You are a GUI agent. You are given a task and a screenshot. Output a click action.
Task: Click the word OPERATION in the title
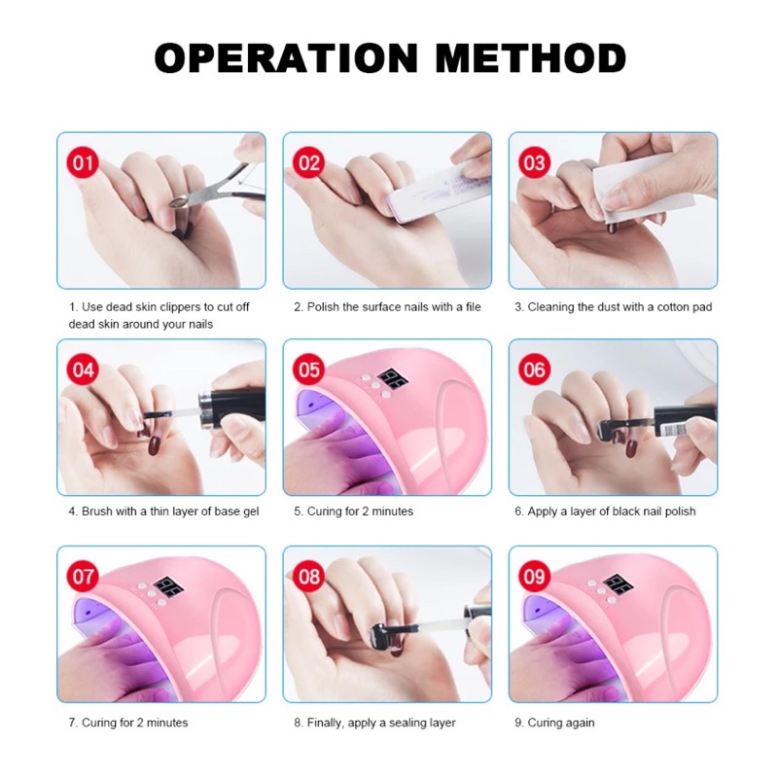pyautogui.click(x=286, y=58)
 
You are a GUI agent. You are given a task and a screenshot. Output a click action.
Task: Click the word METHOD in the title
pyautogui.click(x=530, y=58)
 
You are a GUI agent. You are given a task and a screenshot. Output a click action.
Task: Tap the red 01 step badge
pyautogui.click(x=83, y=162)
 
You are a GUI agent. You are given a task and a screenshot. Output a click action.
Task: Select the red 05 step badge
pyautogui.click(x=308, y=370)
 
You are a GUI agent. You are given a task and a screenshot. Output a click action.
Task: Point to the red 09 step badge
pyautogui.click(x=534, y=577)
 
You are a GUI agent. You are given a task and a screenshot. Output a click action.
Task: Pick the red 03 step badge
pyautogui.click(x=534, y=162)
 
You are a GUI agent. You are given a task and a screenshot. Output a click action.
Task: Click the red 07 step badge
pyautogui.click(x=83, y=577)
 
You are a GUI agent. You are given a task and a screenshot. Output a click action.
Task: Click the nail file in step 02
pyautogui.click(x=426, y=190)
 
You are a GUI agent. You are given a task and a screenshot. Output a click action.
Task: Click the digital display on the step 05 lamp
pyautogui.click(x=393, y=380)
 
